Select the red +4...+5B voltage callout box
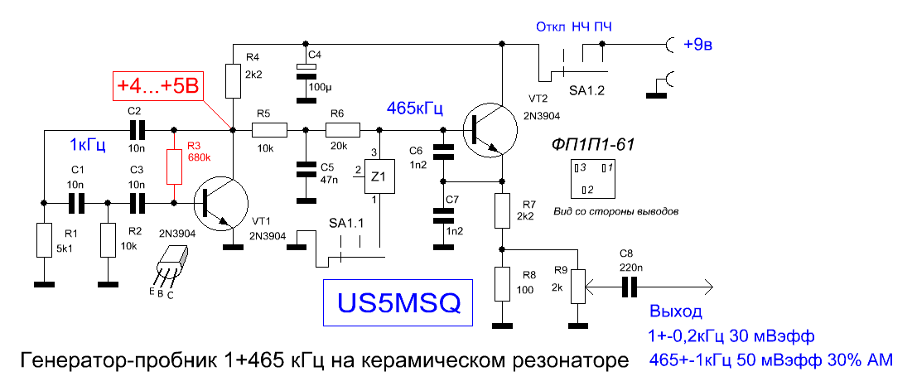coord(158,86)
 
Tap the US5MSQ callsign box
coord(398,302)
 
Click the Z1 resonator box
coord(379,176)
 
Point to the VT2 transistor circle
coord(490,130)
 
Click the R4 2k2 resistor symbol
coord(233,81)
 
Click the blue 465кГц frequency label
coord(416,109)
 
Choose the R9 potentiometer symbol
coord(577,286)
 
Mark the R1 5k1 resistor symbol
coord(44,239)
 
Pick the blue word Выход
coord(676,311)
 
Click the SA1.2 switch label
coord(581,92)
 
